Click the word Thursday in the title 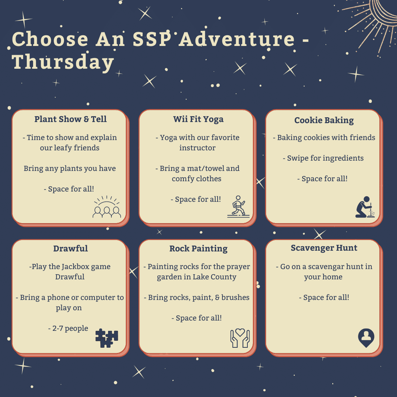pos(63,62)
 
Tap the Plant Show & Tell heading pos(70,119)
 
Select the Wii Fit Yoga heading pos(198,119)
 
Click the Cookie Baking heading pos(324,120)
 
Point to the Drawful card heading pos(70,248)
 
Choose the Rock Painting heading pos(198,248)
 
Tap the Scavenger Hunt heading pos(324,248)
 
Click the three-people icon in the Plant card pos(107,207)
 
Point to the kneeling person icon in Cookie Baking pos(365,207)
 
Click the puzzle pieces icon pos(107,338)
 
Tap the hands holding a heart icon pos(240,338)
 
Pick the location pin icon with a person pos(366,338)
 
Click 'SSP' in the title pos(152,39)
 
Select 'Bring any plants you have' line pos(69,168)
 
